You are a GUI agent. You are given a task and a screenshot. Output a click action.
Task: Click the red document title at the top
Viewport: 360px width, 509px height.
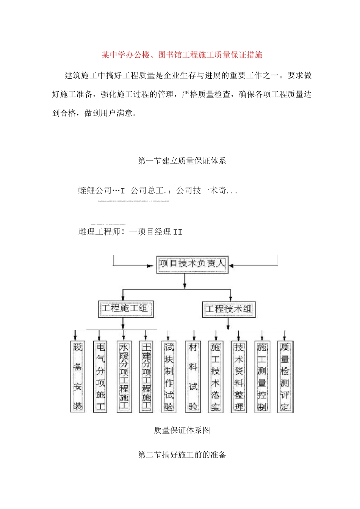(x=182, y=55)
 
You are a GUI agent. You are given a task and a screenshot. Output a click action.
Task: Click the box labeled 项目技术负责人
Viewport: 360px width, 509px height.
(x=192, y=264)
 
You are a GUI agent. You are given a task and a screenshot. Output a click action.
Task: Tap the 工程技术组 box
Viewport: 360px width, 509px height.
(x=229, y=309)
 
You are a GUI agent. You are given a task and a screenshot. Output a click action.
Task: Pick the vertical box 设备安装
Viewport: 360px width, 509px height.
(x=78, y=376)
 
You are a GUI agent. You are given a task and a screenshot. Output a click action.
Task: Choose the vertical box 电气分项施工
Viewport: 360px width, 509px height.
(x=100, y=376)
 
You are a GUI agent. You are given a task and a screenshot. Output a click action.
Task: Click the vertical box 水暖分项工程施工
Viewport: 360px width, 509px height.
(x=124, y=376)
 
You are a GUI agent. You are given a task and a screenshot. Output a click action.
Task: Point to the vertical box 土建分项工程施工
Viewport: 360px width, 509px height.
(x=146, y=376)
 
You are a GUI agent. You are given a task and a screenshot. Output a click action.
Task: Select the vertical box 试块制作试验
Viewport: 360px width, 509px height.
(x=169, y=376)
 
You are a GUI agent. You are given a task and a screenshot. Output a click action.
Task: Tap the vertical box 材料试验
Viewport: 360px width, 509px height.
(x=193, y=376)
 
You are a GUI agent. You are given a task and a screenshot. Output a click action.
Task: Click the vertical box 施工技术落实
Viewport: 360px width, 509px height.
(x=216, y=376)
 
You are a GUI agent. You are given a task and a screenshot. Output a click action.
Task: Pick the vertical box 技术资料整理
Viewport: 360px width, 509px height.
(x=239, y=376)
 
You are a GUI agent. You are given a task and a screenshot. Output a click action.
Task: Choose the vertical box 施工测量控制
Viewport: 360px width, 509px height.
(x=262, y=376)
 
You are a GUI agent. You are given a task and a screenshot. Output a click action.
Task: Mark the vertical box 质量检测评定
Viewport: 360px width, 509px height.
(x=285, y=376)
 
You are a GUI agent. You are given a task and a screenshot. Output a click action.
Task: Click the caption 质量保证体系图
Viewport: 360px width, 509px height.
(x=182, y=430)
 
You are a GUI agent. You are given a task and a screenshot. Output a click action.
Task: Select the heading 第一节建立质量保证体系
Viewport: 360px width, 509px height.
(x=182, y=161)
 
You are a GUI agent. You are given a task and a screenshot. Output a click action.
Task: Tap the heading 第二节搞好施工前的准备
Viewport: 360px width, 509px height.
(x=182, y=455)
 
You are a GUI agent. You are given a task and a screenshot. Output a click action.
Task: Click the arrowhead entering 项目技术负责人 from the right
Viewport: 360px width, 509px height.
(x=231, y=265)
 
